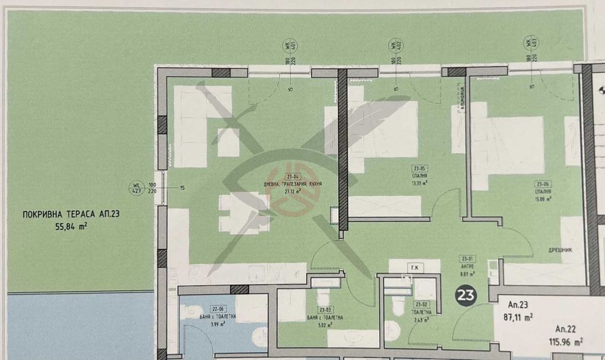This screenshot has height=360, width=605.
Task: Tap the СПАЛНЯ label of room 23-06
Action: (x=542, y=190)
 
